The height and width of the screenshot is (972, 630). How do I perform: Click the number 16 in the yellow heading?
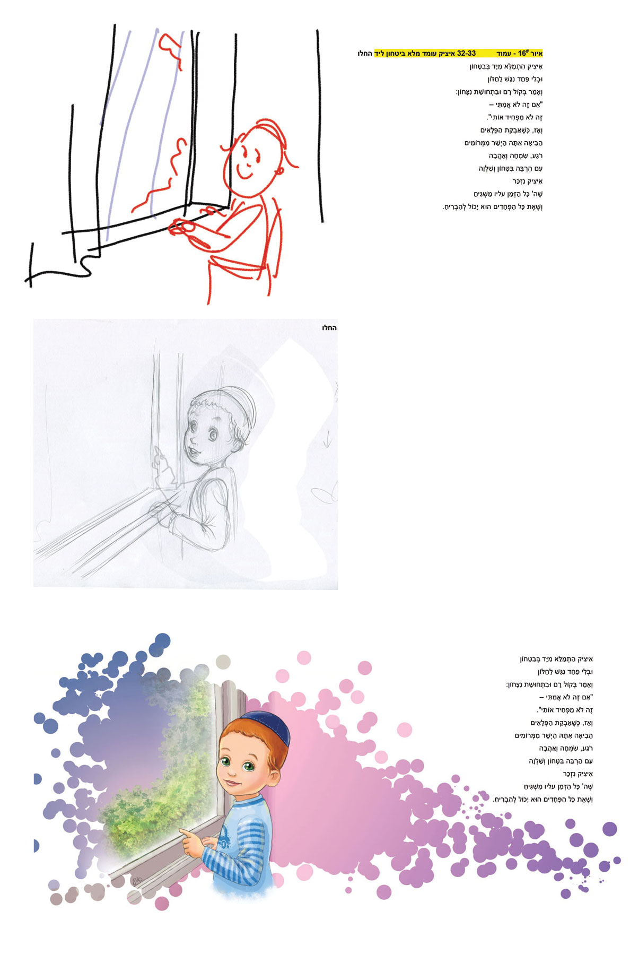(523, 54)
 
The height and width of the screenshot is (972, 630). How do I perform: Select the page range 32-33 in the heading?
(467, 54)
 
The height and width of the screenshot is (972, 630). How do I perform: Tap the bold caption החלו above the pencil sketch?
(329, 328)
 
